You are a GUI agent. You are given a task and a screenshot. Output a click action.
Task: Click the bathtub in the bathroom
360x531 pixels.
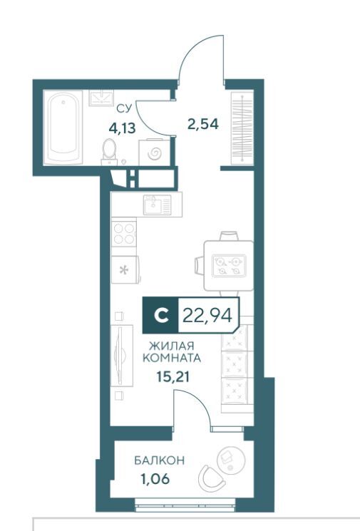(63, 128)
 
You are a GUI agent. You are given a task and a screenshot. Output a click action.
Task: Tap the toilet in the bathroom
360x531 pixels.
(109, 152)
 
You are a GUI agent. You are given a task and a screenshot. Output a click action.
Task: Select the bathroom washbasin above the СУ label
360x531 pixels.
(102, 98)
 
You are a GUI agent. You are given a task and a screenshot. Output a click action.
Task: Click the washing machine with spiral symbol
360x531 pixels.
(155, 153)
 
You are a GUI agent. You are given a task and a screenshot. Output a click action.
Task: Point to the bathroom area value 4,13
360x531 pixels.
(122, 128)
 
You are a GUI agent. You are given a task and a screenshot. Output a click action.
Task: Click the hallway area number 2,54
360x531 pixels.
(203, 124)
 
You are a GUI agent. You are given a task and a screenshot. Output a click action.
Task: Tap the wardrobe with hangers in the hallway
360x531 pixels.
(242, 128)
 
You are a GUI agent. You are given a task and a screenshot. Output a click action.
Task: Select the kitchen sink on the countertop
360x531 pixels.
(157, 205)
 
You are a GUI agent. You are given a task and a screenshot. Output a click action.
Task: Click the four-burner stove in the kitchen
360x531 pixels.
(124, 234)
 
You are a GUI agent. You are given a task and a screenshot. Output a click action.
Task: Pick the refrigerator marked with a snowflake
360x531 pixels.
(125, 269)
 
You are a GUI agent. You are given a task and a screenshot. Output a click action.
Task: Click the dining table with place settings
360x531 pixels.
(229, 265)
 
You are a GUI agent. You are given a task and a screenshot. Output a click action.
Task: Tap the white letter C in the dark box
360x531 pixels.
(161, 315)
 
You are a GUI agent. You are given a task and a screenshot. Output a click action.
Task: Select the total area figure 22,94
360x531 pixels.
(207, 316)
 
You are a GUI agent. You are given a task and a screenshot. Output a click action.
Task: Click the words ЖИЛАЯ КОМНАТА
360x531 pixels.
(172, 352)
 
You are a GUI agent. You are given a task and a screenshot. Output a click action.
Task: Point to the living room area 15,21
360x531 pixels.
(173, 376)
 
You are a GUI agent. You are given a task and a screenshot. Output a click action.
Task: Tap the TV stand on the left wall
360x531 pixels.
(122, 355)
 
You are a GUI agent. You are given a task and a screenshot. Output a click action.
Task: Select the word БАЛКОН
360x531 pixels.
(160, 460)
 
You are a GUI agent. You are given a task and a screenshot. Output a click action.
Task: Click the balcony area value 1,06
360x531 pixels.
(155, 479)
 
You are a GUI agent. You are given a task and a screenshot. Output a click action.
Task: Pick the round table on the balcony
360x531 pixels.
(231, 460)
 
